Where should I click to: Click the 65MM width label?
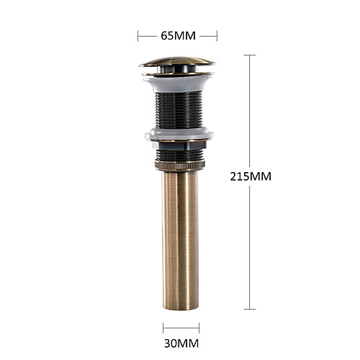point(178,36)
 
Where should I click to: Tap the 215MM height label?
point(251,176)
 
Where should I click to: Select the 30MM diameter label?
point(181,343)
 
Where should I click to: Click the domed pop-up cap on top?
point(177,61)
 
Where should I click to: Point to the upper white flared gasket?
point(178,84)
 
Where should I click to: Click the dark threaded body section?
point(179,109)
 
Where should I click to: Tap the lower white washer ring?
point(179,134)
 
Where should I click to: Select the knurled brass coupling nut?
point(180,166)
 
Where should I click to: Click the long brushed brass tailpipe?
point(180,240)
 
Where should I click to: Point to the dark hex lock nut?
point(179,145)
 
